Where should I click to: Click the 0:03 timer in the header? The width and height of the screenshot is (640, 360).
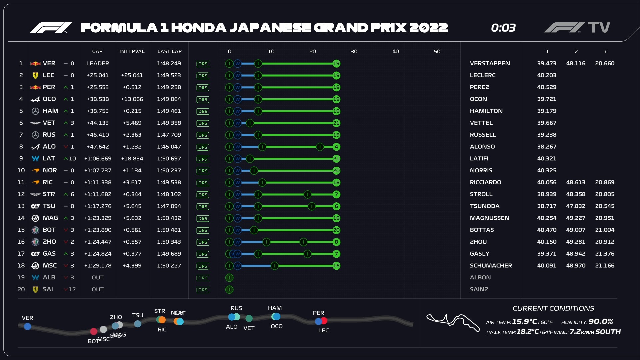pyautogui.click(x=503, y=28)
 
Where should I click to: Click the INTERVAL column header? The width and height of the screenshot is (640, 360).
pyautogui.click(x=132, y=51)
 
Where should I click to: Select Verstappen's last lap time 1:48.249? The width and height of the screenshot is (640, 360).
pyautogui.click(x=169, y=63)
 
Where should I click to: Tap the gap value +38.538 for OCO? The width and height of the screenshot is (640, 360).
pyautogui.click(x=98, y=99)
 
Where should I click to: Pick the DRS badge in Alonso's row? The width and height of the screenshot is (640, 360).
pyautogui.click(x=203, y=147)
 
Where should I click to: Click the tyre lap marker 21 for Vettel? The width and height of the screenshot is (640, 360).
pyautogui.click(x=336, y=123)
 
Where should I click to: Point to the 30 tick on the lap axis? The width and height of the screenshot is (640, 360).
pyautogui.click(x=354, y=51)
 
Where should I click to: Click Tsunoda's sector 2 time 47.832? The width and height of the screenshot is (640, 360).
pyautogui.click(x=576, y=206)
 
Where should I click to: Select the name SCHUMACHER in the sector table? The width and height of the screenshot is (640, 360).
pyautogui.click(x=491, y=266)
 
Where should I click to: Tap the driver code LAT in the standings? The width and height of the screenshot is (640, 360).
pyautogui.click(x=49, y=159)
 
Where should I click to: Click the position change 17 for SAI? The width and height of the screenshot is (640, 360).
pyautogui.click(x=72, y=289)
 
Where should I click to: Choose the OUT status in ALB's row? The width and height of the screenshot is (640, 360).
pyautogui.click(x=98, y=277)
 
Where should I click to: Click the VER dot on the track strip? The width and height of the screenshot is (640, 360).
pyautogui.click(x=28, y=326)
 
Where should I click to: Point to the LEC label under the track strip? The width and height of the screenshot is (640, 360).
pyautogui.click(x=323, y=330)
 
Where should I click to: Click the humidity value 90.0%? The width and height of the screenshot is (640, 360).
pyautogui.click(x=601, y=322)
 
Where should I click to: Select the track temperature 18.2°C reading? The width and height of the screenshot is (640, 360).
pyautogui.click(x=528, y=332)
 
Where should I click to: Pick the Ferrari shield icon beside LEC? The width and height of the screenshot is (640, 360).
pyautogui.click(x=35, y=76)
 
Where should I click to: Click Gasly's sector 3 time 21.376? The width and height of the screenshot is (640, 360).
pyautogui.click(x=605, y=254)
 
